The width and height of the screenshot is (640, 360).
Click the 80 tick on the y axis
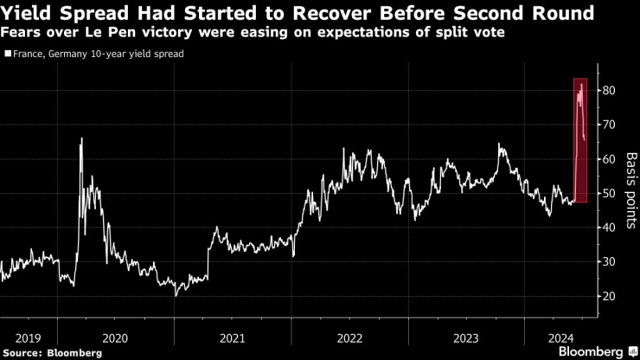[610, 91]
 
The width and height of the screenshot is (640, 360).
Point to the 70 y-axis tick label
[610, 125]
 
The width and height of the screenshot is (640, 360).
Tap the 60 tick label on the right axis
[610, 159]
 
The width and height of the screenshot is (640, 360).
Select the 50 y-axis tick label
[610, 193]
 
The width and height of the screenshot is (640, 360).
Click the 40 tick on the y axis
[610, 228]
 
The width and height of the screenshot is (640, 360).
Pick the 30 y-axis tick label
[610, 262]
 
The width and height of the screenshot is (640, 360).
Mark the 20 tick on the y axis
[610, 296]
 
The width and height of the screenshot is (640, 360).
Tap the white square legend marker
[8, 54]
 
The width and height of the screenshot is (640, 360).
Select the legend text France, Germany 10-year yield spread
[98, 54]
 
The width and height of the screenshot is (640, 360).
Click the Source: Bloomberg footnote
[52, 352]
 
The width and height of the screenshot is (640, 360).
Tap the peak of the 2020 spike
[81, 138]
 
